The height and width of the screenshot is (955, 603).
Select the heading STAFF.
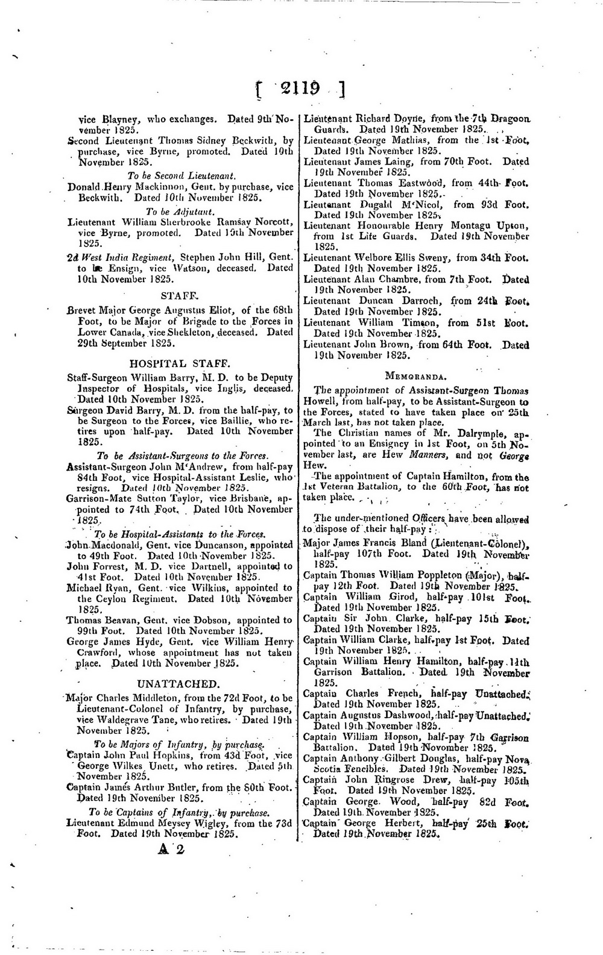[x=180, y=296]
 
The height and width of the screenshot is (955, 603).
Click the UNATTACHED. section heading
[x=178, y=684]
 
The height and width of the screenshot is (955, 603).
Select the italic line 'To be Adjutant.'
[x=180, y=211]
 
